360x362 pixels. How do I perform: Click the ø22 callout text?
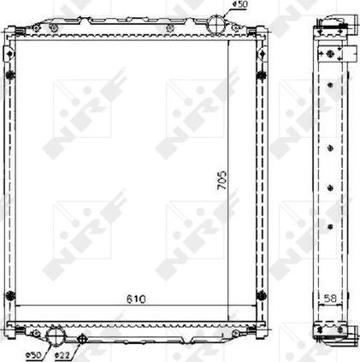pyautogui.click(x=62, y=354)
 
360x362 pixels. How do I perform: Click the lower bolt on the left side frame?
pyautogui.click(x=10, y=296)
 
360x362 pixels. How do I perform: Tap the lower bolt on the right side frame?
pyautogui.click(x=275, y=296)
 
